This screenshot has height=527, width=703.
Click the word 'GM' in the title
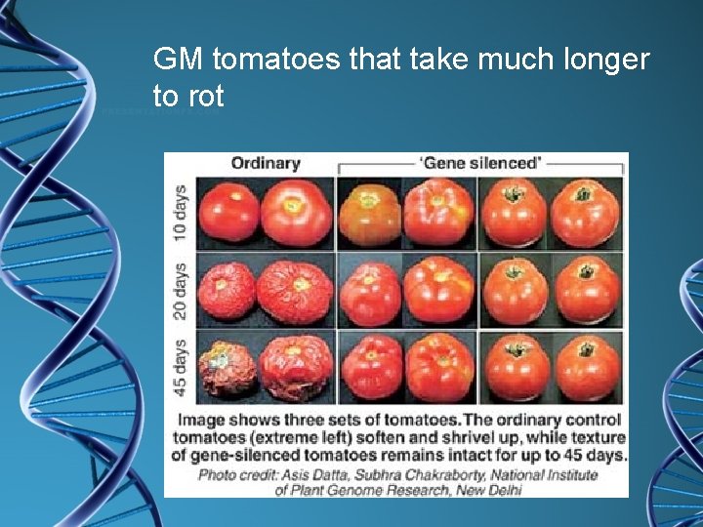pyautogui.click(x=179, y=61)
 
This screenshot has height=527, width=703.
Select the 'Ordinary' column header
pyautogui.click(x=266, y=163)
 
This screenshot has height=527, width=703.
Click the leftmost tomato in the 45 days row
pyautogui.click(x=227, y=369)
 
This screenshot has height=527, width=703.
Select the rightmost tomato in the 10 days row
pyautogui.click(x=585, y=212)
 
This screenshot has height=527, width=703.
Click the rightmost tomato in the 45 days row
pyautogui.click(x=585, y=367)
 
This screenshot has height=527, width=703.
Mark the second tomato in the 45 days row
pyautogui.click(x=297, y=367)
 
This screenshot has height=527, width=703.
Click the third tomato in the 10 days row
pyautogui.click(x=368, y=212)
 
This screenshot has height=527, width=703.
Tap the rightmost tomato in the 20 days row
pyautogui.click(x=585, y=290)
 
